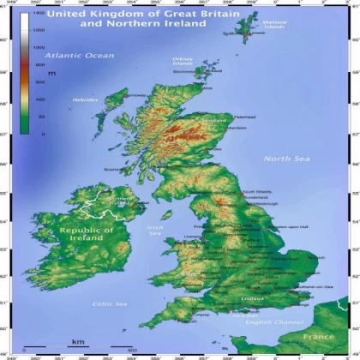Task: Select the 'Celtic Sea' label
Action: (109, 304)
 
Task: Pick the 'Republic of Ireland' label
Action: (86, 235)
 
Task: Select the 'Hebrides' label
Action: (86, 100)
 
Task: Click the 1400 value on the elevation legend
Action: (38, 16)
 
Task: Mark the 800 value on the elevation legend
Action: (38, 64)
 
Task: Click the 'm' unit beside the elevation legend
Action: (51, 74)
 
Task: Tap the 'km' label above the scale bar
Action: (78, 341)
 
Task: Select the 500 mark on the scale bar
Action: (131, 351)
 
